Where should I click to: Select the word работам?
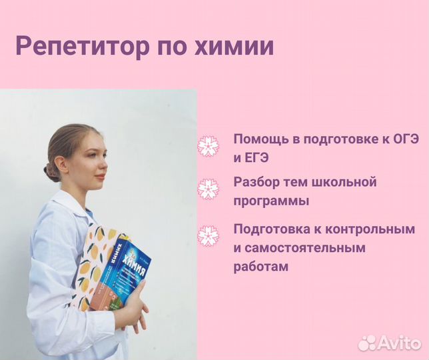point(261,267)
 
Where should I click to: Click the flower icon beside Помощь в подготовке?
point(209,146)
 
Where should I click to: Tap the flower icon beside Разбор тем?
point(209,189)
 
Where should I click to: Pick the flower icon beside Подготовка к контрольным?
point(209,236)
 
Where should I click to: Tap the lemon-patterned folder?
point(90,263)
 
